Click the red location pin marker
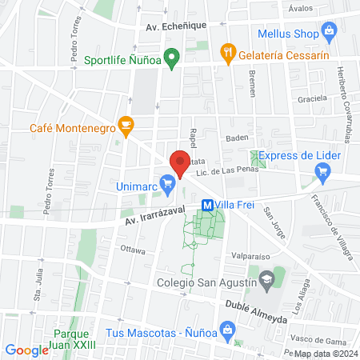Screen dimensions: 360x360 click(x=179, y=163)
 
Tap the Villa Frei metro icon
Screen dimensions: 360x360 click(x=207, y=205)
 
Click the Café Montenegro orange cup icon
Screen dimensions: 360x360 click(x=125, y=125)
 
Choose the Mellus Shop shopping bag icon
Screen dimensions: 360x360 click(x=328, y=32)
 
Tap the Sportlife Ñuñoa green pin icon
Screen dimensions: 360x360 click(x=170, y=59)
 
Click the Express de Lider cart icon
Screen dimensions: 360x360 click(x=322, y=170)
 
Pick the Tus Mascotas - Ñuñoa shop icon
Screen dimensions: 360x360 click(x=227, y=329)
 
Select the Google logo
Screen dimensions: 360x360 click(x=26, y=350)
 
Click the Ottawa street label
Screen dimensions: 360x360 click(x=132, y=250)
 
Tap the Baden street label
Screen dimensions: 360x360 click(x=237, y=138)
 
